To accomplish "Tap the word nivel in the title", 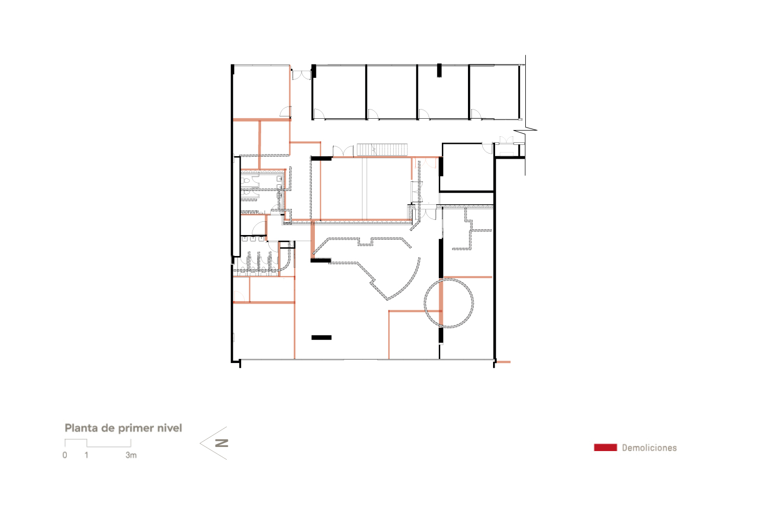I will point(169,428).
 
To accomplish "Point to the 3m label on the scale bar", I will point(131,455).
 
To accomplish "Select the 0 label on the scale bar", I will point(65,455).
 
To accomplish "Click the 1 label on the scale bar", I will point(87,455).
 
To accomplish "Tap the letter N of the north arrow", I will point(222,443).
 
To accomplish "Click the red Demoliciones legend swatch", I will point(605,447).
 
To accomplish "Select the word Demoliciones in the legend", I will point(649,448).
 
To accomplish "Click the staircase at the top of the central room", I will point(382,150).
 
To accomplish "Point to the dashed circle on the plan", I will point(449,303).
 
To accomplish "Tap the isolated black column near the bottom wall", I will point(322,337).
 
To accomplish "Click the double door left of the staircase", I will point(343,151).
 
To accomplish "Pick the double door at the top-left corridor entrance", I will point(302,75).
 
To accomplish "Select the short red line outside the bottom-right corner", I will point(503,362).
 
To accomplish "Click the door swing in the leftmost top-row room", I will point(318,114).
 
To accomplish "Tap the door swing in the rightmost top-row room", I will point(476,114).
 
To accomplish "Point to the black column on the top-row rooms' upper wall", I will point(439,70).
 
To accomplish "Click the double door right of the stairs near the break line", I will point(506,140).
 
